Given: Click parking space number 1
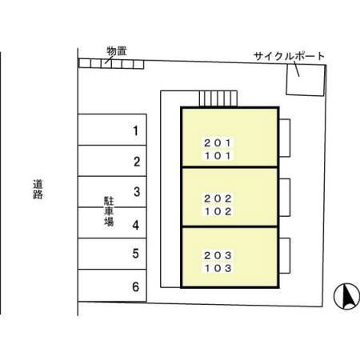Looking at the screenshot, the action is pos(112,130).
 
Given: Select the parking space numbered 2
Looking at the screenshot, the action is pos(112,161).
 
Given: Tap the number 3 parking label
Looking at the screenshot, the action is pos(137,192).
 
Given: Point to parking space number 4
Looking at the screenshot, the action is pos(112,222).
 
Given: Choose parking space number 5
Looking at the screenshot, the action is pos(112,254).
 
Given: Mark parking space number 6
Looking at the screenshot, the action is pos(112,286).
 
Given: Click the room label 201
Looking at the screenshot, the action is pos(218,143).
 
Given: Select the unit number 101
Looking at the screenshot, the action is pos(218,155).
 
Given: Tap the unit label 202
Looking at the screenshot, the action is pos(218,198).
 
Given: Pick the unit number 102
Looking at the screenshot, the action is pos(218,211).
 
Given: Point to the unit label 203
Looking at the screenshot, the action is pos(218,255).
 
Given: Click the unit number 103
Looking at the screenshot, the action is pos(218,268).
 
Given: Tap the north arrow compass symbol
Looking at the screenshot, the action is pos(346,296).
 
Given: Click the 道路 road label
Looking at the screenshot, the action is pos(38,190).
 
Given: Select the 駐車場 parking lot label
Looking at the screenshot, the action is pos(109,211).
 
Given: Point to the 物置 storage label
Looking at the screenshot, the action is pos(117,51).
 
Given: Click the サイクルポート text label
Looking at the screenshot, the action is pos(289,56).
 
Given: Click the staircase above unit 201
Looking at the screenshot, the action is pos(218,98).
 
